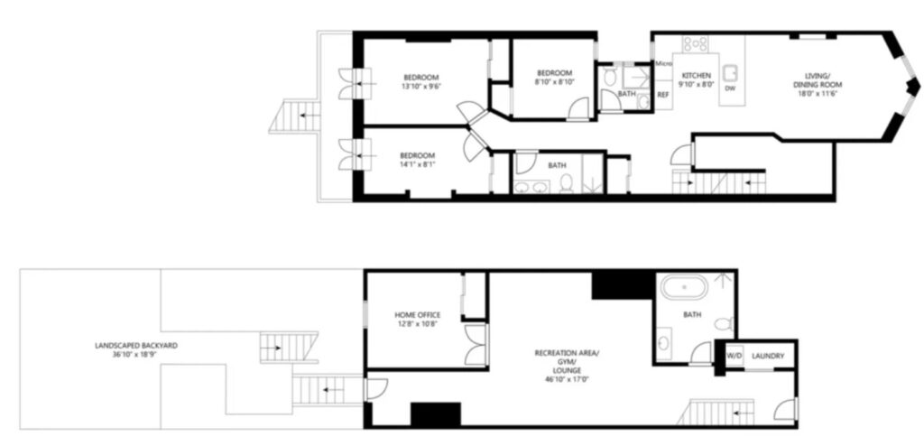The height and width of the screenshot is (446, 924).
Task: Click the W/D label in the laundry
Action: pos(734,356)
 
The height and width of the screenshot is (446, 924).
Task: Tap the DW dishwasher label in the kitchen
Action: pos(729,88)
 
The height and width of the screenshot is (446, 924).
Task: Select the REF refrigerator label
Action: pos(663,94)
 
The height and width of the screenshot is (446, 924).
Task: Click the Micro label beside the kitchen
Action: pos(664,63)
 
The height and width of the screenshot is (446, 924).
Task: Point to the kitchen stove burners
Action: pos(696,42)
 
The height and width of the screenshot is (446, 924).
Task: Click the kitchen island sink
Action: pos(731,71)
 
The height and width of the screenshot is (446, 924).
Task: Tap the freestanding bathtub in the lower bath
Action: pos(684,288)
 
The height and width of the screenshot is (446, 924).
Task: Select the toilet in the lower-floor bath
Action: pos(725,323)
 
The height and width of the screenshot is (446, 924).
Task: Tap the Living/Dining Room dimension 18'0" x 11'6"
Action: pos(818,93)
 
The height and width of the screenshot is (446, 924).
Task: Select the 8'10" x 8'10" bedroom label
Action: pos(553,81)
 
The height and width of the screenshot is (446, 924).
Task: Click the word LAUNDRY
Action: pos(768,356)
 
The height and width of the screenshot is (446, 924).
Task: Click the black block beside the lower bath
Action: pos(624,285)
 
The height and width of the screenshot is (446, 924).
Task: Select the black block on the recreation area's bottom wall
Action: pos(436,413)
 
